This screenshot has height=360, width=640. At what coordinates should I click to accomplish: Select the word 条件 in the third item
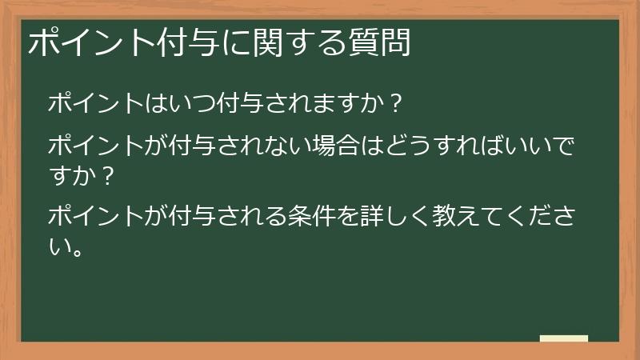(316, 216)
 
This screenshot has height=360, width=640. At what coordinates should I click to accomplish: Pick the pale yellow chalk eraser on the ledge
(564, 339)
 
